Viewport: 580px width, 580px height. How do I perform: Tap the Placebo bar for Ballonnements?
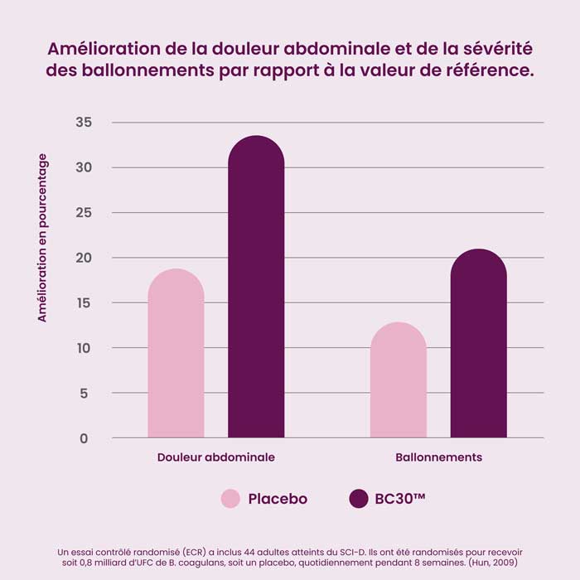[x=399, y=380]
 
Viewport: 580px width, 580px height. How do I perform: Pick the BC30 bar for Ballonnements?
[x=478, y=344]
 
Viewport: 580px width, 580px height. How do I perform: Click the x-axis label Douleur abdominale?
[x=215, y=457]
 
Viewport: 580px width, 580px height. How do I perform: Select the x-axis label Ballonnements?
[x=438, y=457]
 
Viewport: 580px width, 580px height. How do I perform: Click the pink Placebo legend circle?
[x=230, y=499]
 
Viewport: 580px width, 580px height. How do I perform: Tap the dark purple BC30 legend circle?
[x=358, y=499]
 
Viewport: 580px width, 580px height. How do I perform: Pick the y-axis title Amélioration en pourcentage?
[x=42, y=238]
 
